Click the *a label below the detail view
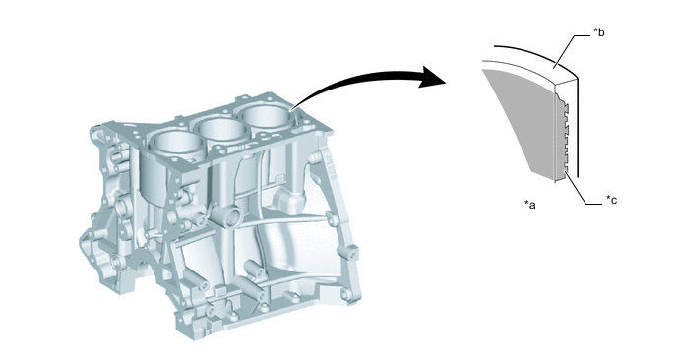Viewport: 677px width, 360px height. click(530, 205)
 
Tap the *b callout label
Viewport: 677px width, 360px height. click(599, 31)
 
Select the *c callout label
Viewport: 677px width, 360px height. click(611, 200)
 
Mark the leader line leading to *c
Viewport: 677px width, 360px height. click(581, 190)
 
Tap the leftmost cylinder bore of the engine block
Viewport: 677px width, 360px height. click(175, 143)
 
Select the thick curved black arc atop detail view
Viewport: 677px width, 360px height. click(536, 57)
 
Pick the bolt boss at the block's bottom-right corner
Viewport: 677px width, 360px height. click(345, 295)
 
